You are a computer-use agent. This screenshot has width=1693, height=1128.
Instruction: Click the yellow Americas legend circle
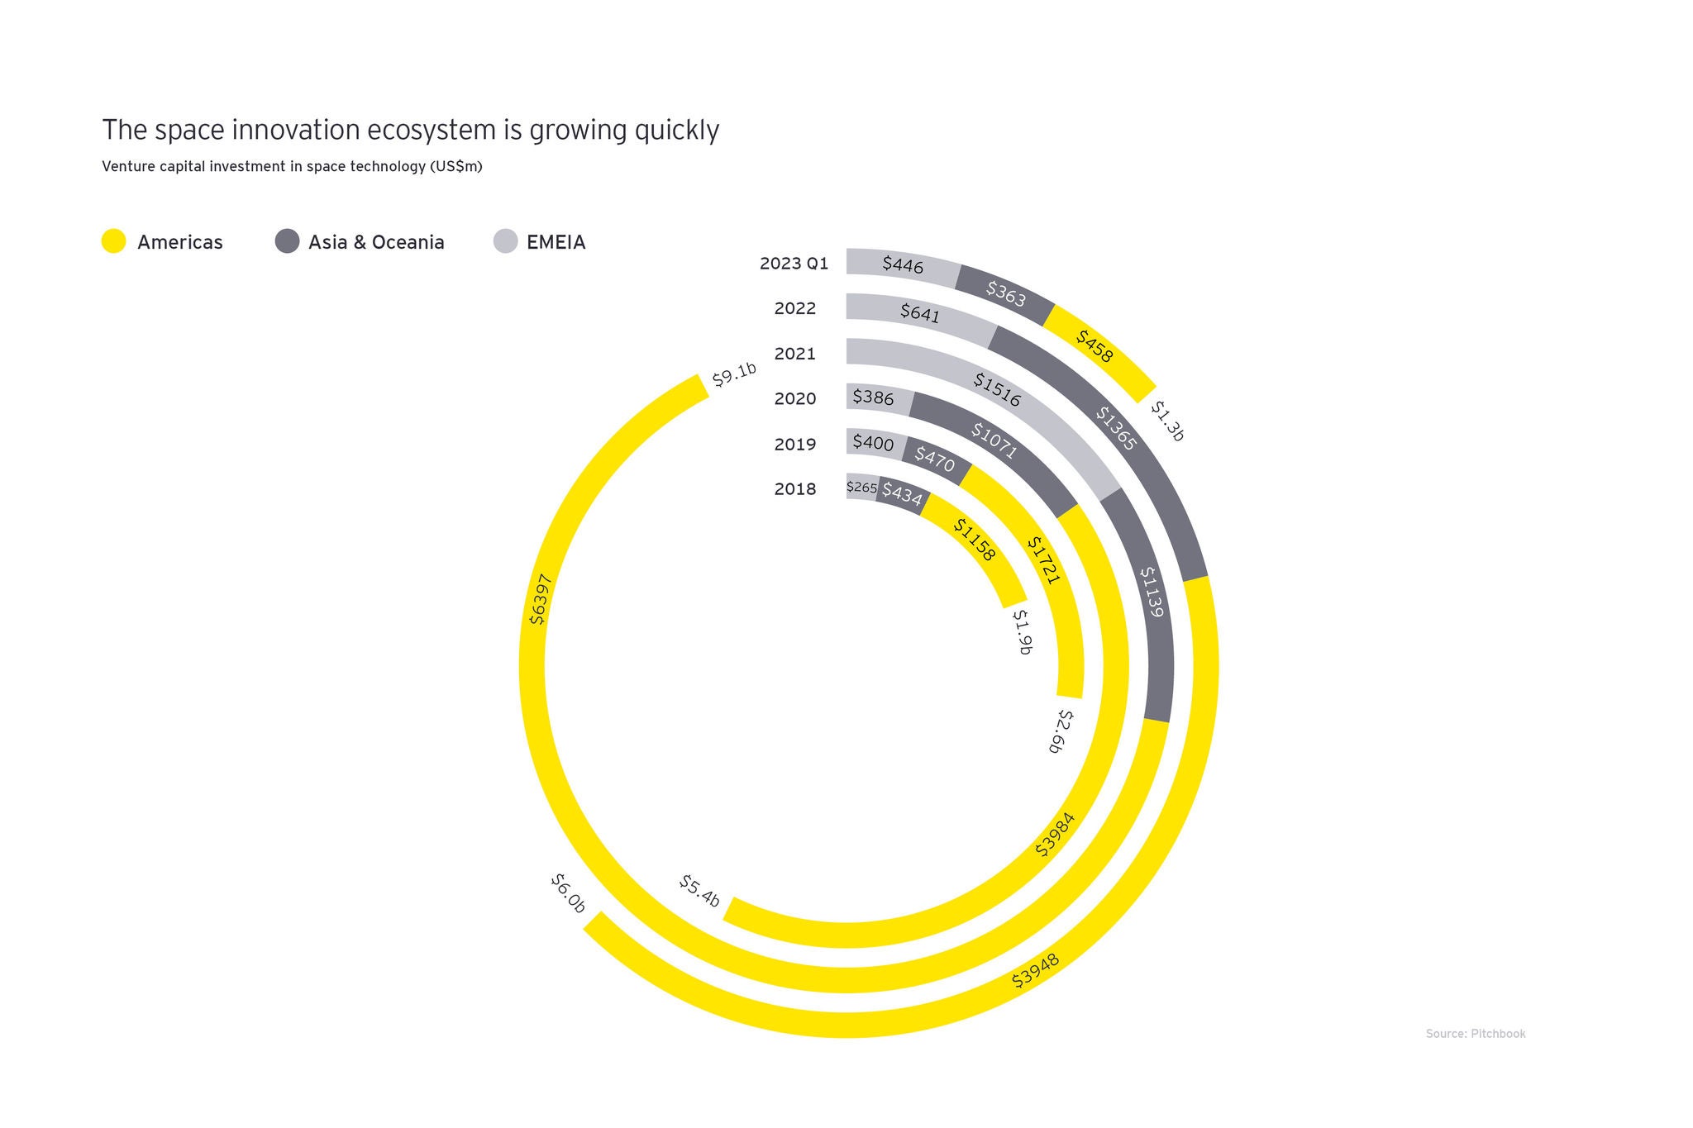(113, 241)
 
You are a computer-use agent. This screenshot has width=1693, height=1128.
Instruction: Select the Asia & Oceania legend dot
(287, 241)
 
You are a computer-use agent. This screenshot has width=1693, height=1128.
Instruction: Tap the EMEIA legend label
(556, 242)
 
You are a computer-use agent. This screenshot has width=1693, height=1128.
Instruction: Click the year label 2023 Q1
(794, 264)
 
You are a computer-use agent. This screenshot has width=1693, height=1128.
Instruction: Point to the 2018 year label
(794, 489)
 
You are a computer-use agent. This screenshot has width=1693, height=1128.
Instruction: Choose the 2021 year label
(794, 354)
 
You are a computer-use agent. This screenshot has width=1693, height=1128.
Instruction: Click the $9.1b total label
(734, 374)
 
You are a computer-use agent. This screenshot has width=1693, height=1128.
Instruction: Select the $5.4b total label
(699, 891)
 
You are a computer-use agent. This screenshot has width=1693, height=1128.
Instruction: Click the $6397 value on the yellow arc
(538, 599)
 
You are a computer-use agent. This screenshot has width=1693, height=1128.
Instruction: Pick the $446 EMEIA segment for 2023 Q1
(903, 264)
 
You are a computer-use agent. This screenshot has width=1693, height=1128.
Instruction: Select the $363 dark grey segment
(1005, 293)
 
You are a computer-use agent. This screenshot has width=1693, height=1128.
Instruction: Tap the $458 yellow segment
(1094, 346)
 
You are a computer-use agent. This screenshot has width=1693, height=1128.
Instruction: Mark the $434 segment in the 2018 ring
(901, 495)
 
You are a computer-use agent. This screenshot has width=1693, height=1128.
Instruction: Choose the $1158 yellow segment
(974, 540)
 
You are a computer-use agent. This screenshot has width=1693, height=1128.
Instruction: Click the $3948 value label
(1035, 972)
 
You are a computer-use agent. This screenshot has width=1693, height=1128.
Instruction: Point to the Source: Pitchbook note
(1475, 1034)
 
